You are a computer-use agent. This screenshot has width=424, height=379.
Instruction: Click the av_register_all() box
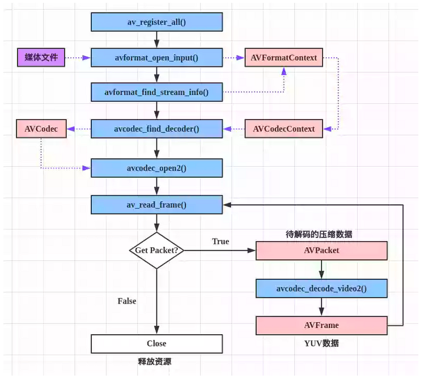click(x=156, y=22)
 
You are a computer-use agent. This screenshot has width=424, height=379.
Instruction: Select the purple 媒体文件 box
click(x=41, y=57)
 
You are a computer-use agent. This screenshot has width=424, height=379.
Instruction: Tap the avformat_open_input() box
click(x=156, y=57)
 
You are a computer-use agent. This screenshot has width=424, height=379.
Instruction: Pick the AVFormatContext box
click(x=283, y=57)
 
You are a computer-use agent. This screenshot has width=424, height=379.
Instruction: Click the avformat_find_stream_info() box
click(x=156, y=92)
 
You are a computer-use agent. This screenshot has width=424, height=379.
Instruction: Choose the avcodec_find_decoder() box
click(x=156, y=129)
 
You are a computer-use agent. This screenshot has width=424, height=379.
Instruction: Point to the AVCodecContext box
click(x=283, y=129)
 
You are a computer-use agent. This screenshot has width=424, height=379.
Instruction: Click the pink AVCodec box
click(x=41, y=129)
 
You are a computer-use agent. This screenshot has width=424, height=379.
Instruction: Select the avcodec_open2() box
click(x=156, y=168)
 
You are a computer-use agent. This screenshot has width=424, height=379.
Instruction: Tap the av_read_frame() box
click(x=156, y=205)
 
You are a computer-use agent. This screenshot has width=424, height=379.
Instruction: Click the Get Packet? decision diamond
click(x=156, y=250)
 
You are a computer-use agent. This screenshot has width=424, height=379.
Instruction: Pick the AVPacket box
click(x=321, y=250)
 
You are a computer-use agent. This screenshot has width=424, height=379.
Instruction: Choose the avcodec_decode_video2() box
click(x=321, y=288)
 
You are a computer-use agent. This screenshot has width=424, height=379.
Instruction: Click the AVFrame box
click(x=321, y=325)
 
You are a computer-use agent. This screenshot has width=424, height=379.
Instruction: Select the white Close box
click(x=156, y=343)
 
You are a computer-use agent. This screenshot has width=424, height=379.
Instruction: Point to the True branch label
click(x=221, y=242)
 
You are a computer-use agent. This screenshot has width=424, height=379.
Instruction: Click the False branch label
click(x=126, y=301)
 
